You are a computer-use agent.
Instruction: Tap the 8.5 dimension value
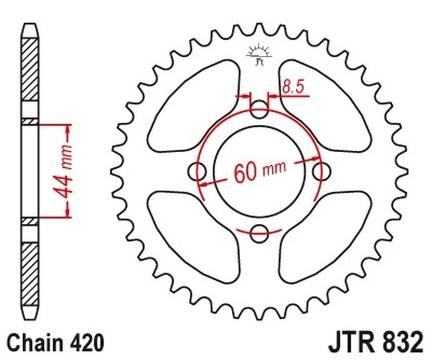point(290,86)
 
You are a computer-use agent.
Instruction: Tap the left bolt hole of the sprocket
point(198,171)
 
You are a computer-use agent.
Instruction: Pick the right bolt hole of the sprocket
point(322,171)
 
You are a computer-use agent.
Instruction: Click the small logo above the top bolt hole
point(259,53)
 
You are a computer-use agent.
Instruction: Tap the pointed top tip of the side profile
point(30,25)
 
